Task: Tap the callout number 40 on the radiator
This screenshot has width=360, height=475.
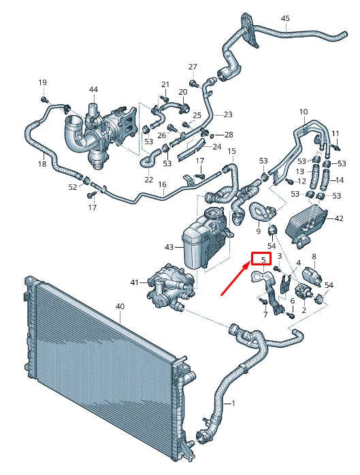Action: pos(120,307)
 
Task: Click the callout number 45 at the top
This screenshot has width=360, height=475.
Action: pos(285,18)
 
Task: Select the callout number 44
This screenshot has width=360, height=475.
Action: pos(93,89)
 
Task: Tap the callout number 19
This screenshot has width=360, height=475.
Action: pos(42,83)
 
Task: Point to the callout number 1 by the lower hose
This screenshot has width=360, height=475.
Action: pos(233,404)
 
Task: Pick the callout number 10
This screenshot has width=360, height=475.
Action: pos(304,112)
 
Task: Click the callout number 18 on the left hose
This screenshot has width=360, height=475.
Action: pos(42,164)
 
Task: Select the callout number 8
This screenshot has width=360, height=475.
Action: pos(314,257)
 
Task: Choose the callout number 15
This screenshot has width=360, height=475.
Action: pos(231,151)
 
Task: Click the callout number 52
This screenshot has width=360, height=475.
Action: pos(73,187)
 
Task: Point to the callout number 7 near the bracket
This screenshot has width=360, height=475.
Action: pos(265,315)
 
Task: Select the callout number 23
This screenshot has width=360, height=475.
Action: pos(227,114)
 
